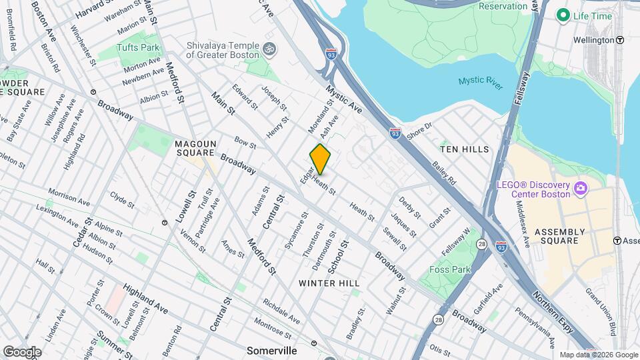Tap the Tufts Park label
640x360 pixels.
point(138,47)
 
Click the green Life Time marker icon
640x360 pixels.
point(563,15)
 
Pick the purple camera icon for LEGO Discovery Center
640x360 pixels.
point(581,189)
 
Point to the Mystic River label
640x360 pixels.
point(480,81)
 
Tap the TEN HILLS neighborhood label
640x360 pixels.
point(465,149)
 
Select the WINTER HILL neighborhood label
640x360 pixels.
point(329,283)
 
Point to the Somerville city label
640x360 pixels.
point(271,350)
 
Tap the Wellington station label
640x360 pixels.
point(593,40)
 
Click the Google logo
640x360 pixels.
point(22,351)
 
